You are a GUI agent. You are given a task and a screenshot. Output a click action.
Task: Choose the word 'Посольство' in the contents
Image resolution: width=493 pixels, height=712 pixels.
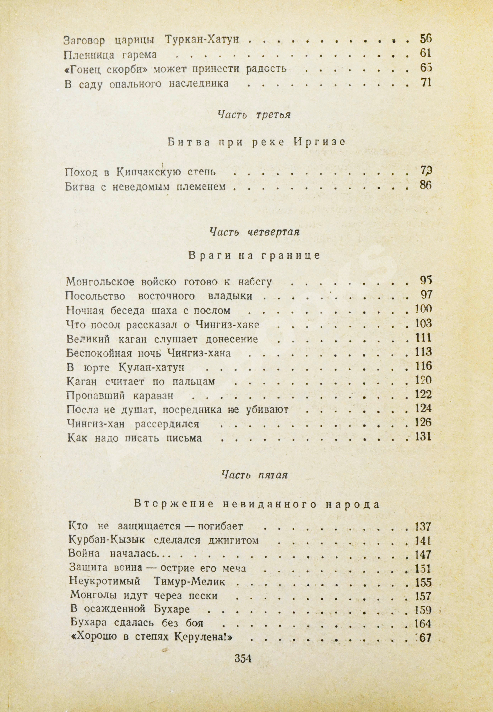click(96, 296)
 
